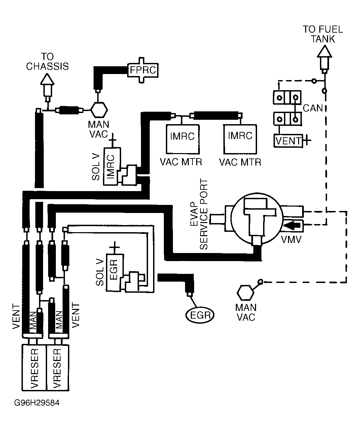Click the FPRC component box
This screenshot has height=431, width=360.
143,70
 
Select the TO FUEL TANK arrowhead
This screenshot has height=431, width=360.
324,51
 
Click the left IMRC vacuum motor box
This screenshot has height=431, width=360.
183,139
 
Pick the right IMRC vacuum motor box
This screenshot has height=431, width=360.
240,139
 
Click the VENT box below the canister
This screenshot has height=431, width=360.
288,141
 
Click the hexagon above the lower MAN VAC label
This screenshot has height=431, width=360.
245,293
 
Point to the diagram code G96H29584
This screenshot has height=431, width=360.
37,403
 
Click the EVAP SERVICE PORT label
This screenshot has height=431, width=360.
199,214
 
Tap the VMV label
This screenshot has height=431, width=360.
291,240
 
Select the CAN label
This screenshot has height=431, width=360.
313,108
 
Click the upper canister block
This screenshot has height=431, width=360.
287,97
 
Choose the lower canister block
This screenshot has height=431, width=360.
287,119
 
